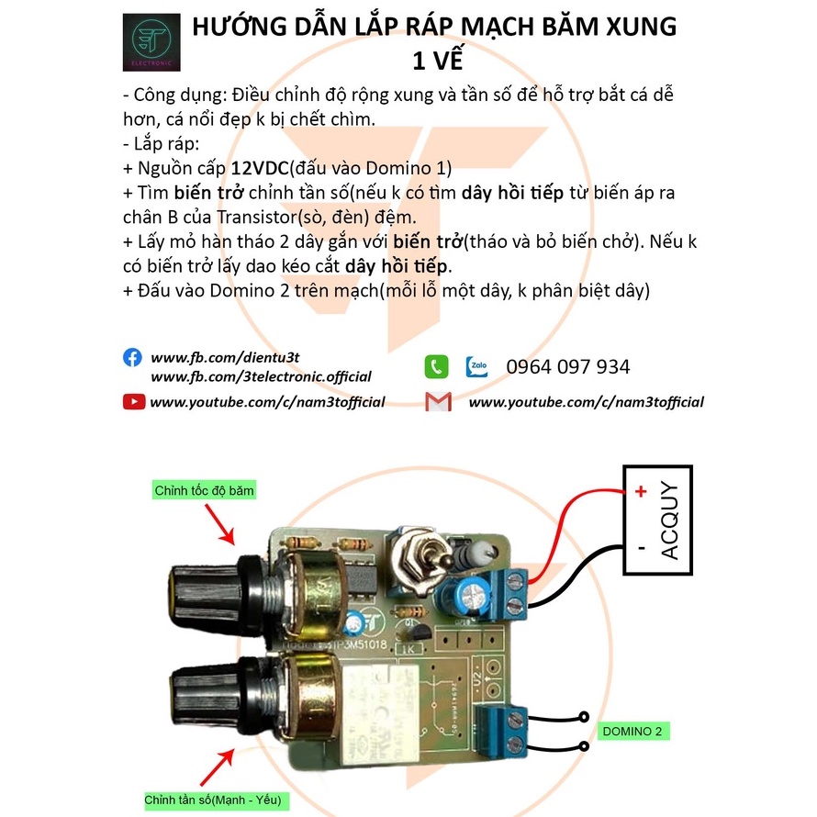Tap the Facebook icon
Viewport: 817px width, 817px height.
pos(133,357)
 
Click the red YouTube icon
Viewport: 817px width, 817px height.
pos(133,401)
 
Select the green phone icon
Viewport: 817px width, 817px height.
pos(436,366)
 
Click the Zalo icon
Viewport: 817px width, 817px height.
pos(476,366)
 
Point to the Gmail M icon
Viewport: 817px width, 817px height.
pos(438,401)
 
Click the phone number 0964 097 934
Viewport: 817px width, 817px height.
pos(568,367)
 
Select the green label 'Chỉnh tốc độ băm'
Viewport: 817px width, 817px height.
pos(204,491)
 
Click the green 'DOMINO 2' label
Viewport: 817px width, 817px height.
pos(632,732)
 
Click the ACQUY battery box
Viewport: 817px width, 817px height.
pos(657,520)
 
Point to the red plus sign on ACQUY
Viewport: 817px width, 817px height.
pos(640,491)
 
